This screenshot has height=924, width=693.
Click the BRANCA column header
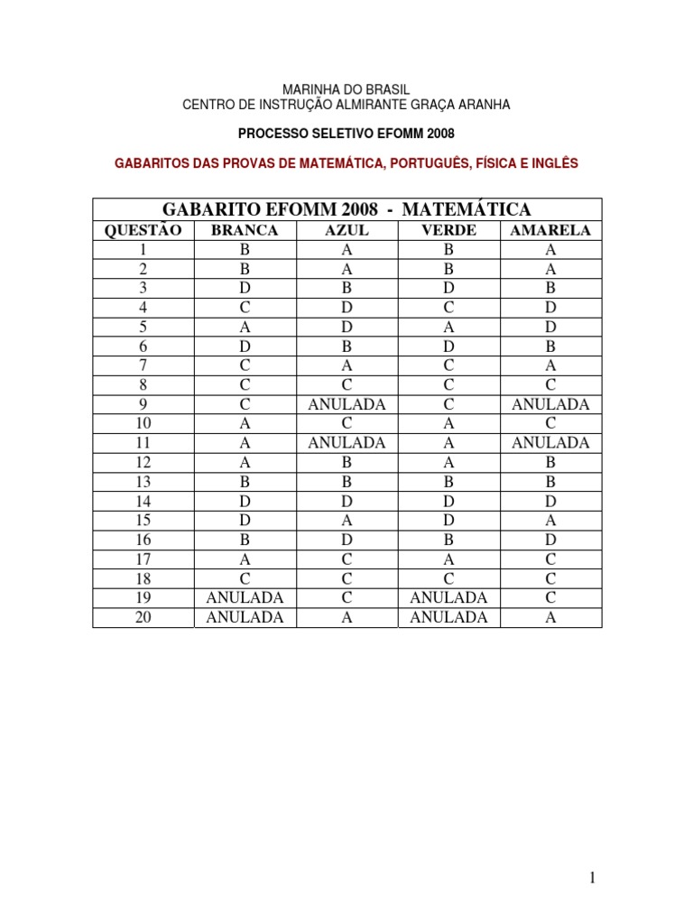click(245, 231)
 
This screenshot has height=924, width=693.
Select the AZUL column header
click(346, 231)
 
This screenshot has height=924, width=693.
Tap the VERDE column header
click(448, 231)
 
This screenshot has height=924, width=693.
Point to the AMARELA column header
click(550, 231)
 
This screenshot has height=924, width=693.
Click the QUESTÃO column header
click(143, 231)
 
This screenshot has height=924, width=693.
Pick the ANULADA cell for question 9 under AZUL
click(346, 404)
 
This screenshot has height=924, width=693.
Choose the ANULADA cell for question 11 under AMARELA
click(550, 443)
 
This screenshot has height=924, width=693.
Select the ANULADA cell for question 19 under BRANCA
click(245, 597)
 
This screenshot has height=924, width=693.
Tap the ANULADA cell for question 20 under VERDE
click(448, 617)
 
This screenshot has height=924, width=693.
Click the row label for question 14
click(143, 501)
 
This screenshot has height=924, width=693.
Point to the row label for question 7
click(143, 365)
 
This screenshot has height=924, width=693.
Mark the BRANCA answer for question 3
click(245, 289)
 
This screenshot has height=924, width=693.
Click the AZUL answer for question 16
click(346, 540)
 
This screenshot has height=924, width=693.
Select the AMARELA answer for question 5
click(550, 328)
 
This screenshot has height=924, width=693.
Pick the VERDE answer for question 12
click(448, 462)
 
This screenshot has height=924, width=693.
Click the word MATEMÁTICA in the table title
click(467, 210)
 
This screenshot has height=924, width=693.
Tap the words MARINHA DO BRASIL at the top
click(346, 90)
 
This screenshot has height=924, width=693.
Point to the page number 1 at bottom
click(592, 878)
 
